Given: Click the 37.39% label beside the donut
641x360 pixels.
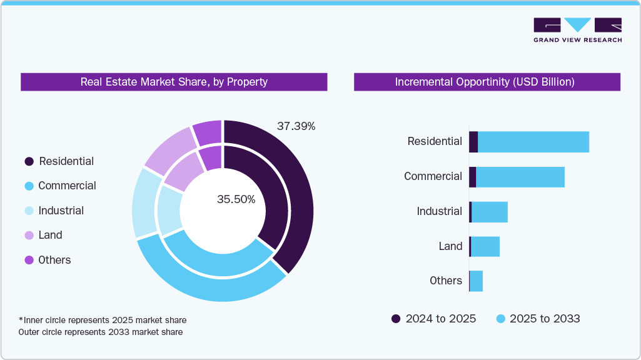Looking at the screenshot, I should coord(296,126).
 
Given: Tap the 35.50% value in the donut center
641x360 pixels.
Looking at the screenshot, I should coord(236,199).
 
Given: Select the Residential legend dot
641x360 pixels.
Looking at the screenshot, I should coord(29,161).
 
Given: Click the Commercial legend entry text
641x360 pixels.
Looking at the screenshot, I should coord(67,186).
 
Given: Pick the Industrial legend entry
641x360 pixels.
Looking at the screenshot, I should coord(61,211).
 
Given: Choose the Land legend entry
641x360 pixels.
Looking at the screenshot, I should coord(50,235).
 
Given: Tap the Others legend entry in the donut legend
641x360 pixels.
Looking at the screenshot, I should coord(54,260).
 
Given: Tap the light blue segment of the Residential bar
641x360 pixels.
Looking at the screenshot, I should coord(533,142).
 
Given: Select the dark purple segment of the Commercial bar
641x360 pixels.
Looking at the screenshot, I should coord(472,177).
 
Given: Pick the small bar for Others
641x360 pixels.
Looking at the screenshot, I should coord(476,281).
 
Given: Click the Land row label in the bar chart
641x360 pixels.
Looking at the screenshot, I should coord(450,246).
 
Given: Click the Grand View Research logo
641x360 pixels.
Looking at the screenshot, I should coord(577,29).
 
